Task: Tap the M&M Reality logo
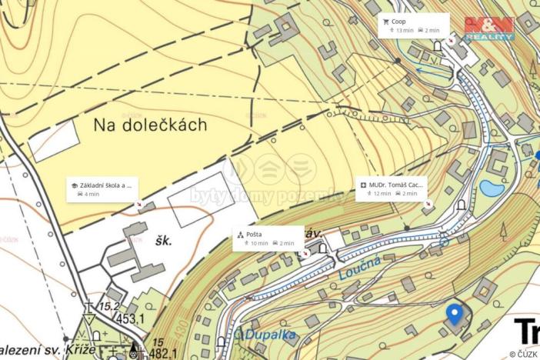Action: pos(489,28)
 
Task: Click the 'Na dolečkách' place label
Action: pos(151,125)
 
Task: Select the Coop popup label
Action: pos(399,22)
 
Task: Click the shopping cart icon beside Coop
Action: pos(386,22)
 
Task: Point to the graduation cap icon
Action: pos(75,185)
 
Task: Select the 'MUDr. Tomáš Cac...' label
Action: pos(397,185)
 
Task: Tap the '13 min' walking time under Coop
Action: pos(405,31)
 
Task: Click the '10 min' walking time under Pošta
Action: pos(259,243)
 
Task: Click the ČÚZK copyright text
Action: pos(526,354)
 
